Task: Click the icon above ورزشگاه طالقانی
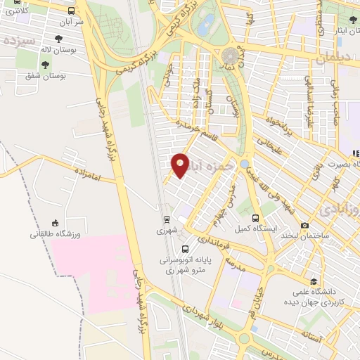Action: (55, 223)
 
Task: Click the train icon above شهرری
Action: (167, 219)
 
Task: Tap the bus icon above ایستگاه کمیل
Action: (256, 218)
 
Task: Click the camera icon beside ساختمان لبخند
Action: (304, 226)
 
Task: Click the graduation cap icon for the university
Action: (313, 281)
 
